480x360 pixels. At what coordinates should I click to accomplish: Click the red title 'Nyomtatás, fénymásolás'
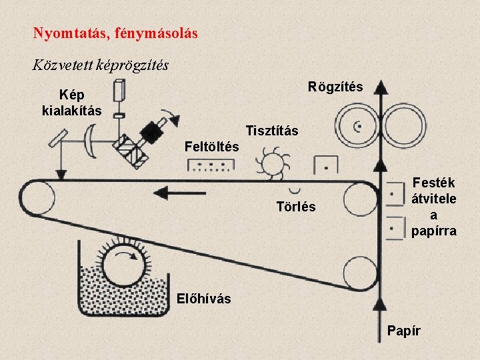tap(115, 32)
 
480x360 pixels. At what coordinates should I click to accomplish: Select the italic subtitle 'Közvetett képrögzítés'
tap(100, 65)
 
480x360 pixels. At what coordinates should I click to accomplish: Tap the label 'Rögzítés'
tap(335, 87)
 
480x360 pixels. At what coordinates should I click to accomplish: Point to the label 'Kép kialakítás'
tap(71, 103)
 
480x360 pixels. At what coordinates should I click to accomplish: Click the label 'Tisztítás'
tap(272, 131)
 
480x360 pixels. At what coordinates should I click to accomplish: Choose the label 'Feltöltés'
tap(211, 146)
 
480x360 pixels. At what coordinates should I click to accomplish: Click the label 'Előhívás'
tap(204, 299)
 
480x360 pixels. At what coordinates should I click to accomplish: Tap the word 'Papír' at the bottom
tap(404, 331)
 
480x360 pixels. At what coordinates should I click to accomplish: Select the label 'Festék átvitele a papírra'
tap(433, 206)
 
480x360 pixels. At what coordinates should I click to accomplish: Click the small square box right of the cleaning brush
tap(325, 164)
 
